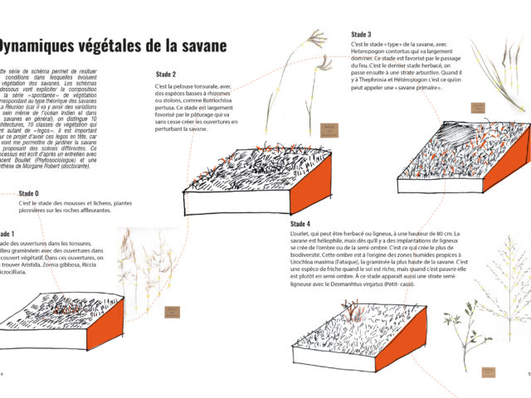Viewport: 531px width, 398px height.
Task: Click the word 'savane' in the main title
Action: pos(196,46)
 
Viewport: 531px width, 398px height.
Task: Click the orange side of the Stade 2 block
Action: pos(313,180)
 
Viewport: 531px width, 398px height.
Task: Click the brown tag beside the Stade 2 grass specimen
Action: pos(329,129)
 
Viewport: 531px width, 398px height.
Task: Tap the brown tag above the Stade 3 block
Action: pos(478,107)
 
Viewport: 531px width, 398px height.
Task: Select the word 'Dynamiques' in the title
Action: pos(46,46)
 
